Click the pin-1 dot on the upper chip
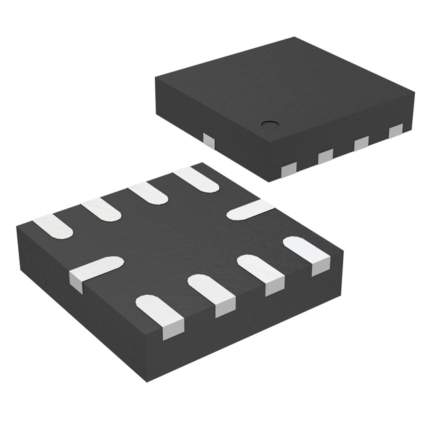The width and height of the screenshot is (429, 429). coord(269,123)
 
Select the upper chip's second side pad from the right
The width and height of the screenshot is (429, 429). coord(361,141)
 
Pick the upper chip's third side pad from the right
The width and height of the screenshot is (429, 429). coord(325,155)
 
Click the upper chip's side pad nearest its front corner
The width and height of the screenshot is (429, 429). coord(290,168)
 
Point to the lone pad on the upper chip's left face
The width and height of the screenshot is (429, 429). coord(208,140)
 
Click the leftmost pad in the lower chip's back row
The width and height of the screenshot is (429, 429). coord(52,227)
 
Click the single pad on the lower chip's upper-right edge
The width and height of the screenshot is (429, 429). coord(249,209)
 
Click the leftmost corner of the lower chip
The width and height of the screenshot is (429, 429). coord(18,229)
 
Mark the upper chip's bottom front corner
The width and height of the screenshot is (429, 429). coord(269,181)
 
